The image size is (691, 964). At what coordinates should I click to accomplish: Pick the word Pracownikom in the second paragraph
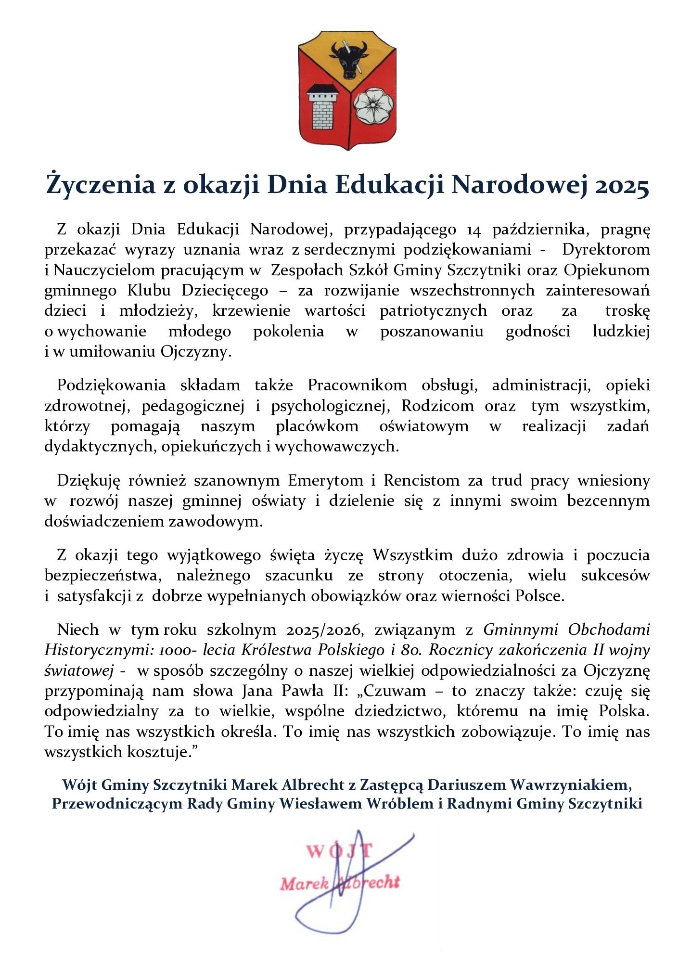[x=357, y=386]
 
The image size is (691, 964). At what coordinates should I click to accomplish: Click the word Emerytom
[x=325, y=480]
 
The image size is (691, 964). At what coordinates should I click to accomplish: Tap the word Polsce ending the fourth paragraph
[x=539, y=596]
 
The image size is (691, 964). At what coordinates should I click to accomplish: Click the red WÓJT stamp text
[x=339, y=851]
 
